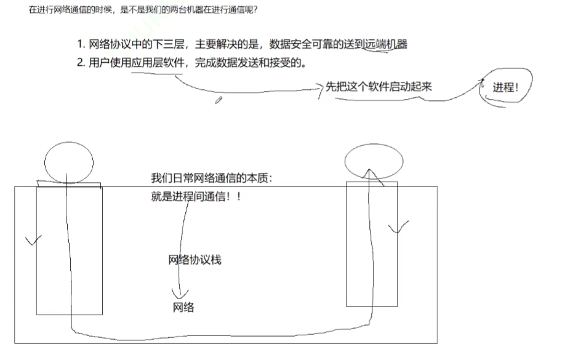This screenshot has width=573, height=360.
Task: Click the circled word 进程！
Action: click(x=505, y=87)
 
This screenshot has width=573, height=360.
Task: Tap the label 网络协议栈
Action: click(x=194, y=260)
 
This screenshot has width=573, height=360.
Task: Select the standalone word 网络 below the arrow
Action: click(x=183, y=307)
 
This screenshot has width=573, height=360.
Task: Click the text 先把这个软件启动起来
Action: click(x=379, y=87)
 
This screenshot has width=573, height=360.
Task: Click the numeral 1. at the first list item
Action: click(x=81, y=44)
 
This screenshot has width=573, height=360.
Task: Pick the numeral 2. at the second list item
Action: click(x=81, y=63)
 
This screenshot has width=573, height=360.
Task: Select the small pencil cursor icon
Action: click(x=218, y=100)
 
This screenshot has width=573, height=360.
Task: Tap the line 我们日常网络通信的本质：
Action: click(x=211, y=178)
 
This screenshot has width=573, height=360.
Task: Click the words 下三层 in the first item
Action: click(x=170, y=44)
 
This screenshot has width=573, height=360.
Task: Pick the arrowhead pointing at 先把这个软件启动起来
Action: click(x=319, y=89)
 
